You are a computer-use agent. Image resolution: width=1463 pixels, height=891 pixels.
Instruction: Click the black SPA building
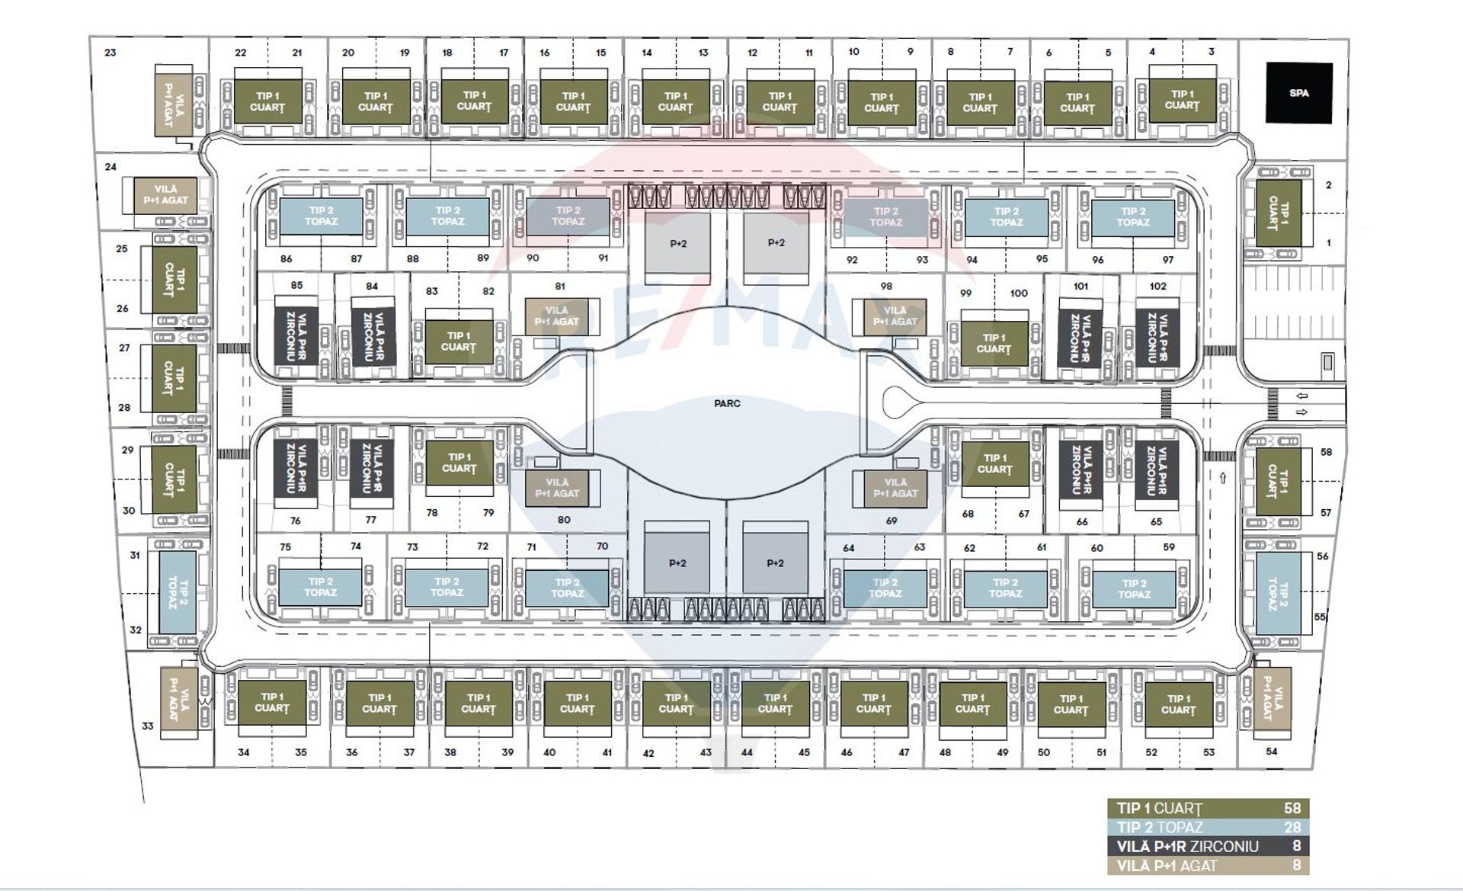click(x=1299, y=93)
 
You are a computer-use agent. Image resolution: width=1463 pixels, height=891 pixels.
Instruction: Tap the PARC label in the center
click(x=727, y=403)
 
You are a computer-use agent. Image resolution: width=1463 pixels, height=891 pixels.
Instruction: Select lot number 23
click(x=110, y=53)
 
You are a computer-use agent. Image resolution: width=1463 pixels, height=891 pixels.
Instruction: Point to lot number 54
click(x=1272, y=752)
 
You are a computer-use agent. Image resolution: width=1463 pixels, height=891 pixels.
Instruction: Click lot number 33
click(x=147, y=726)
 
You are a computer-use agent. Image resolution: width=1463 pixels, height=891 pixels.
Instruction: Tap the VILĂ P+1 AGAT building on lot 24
click(x=165, y=195)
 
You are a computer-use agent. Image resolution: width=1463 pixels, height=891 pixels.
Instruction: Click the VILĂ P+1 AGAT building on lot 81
click(x=557, y=316)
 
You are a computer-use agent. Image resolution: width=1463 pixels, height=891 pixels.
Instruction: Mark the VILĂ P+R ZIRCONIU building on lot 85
click(x=296, y=336)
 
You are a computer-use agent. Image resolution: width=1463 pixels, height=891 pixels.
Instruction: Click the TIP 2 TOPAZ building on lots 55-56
click(x=1278, y=593)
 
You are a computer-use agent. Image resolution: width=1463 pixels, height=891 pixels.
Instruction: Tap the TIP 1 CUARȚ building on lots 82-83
click(x=459, y=341)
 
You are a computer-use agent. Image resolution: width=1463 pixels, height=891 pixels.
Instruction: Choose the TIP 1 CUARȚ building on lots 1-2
click(x=1279, y=213)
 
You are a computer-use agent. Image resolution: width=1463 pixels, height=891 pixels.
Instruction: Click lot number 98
click(x=885, y=286)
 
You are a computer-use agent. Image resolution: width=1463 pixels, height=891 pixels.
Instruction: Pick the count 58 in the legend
click(x=1292, y=809)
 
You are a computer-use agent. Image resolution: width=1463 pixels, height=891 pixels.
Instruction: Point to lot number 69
click(x=892, y=521)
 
